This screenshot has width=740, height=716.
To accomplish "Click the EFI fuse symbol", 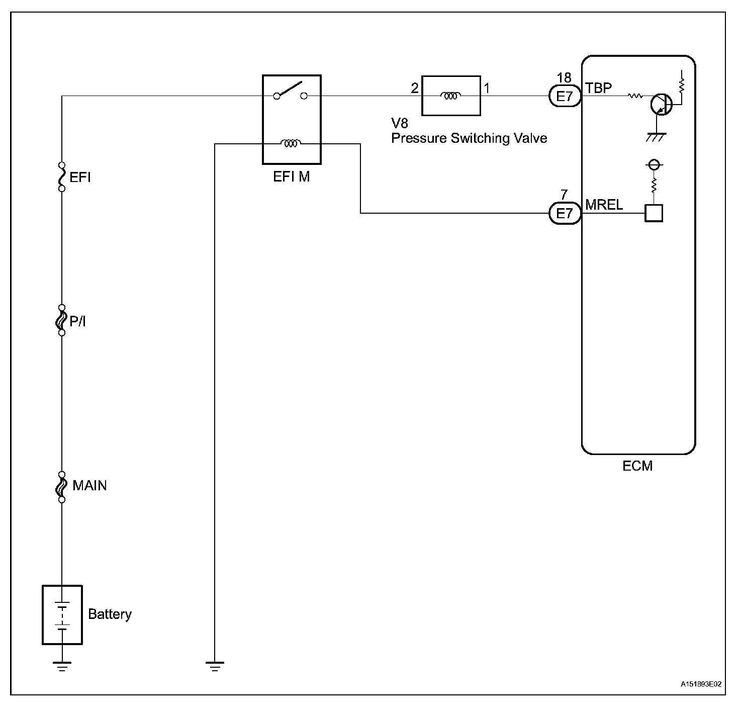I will click(x=62, y=176).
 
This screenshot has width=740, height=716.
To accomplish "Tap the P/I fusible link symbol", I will click(x=61, y=320).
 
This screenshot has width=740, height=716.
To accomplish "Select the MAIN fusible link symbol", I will click(x=61, y=486).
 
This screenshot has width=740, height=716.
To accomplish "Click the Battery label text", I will click(x=110, y=614).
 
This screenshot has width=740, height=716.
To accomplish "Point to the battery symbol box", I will click(x=62, y=614).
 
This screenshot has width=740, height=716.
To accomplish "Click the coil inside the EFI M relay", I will click(x=291, y=144).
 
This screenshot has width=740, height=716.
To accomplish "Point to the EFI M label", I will click(x=292, y=176).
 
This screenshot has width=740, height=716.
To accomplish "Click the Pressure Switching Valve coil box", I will click(x=450, y=96).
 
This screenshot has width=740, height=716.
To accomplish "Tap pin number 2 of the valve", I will click(x=415, y=88).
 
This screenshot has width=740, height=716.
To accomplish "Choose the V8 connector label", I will click(x=400, y=124).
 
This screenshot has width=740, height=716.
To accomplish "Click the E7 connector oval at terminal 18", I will click(x=565, y=96).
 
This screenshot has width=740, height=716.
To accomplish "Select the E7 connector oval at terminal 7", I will click(x=565, y=214).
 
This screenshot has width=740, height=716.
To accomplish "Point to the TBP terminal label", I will click(x=599, y=87).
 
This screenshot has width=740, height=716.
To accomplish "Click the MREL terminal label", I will click(x=604, y=205).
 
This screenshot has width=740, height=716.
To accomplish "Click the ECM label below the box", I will click(x=637, y=466).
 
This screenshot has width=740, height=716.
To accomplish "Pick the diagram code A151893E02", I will click(x=701, y=684).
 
